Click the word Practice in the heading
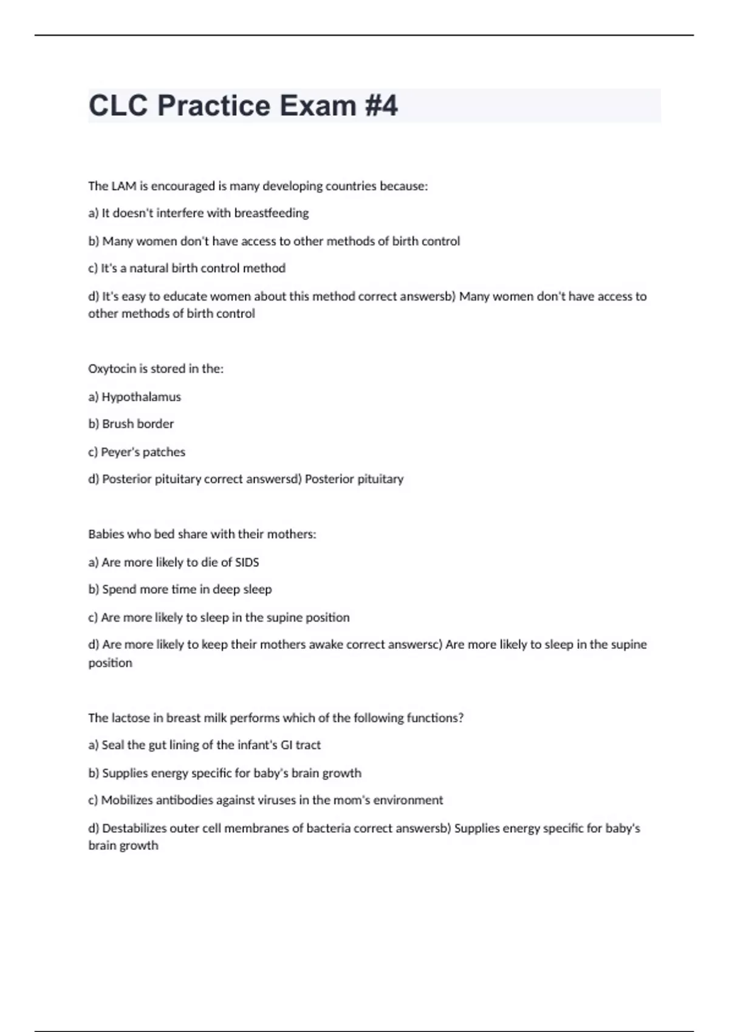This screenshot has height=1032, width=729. pyautogui.click(x=214, y=106)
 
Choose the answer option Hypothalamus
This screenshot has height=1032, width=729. pyautogui.click(x=141, y=397)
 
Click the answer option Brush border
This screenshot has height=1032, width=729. pyautogui.click(x=138, y=424)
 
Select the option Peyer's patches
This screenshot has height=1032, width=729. pyautogui.click(x=143, y=452)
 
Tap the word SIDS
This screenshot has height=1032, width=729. pyautogui.click(x=247, y=563)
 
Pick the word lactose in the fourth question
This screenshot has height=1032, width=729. pyautogui.click(x=131, y=718)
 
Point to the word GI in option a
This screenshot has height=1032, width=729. pyautogui.click(x=286, y=745)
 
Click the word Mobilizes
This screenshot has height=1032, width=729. pyautogui.click(x=127, y=800)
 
